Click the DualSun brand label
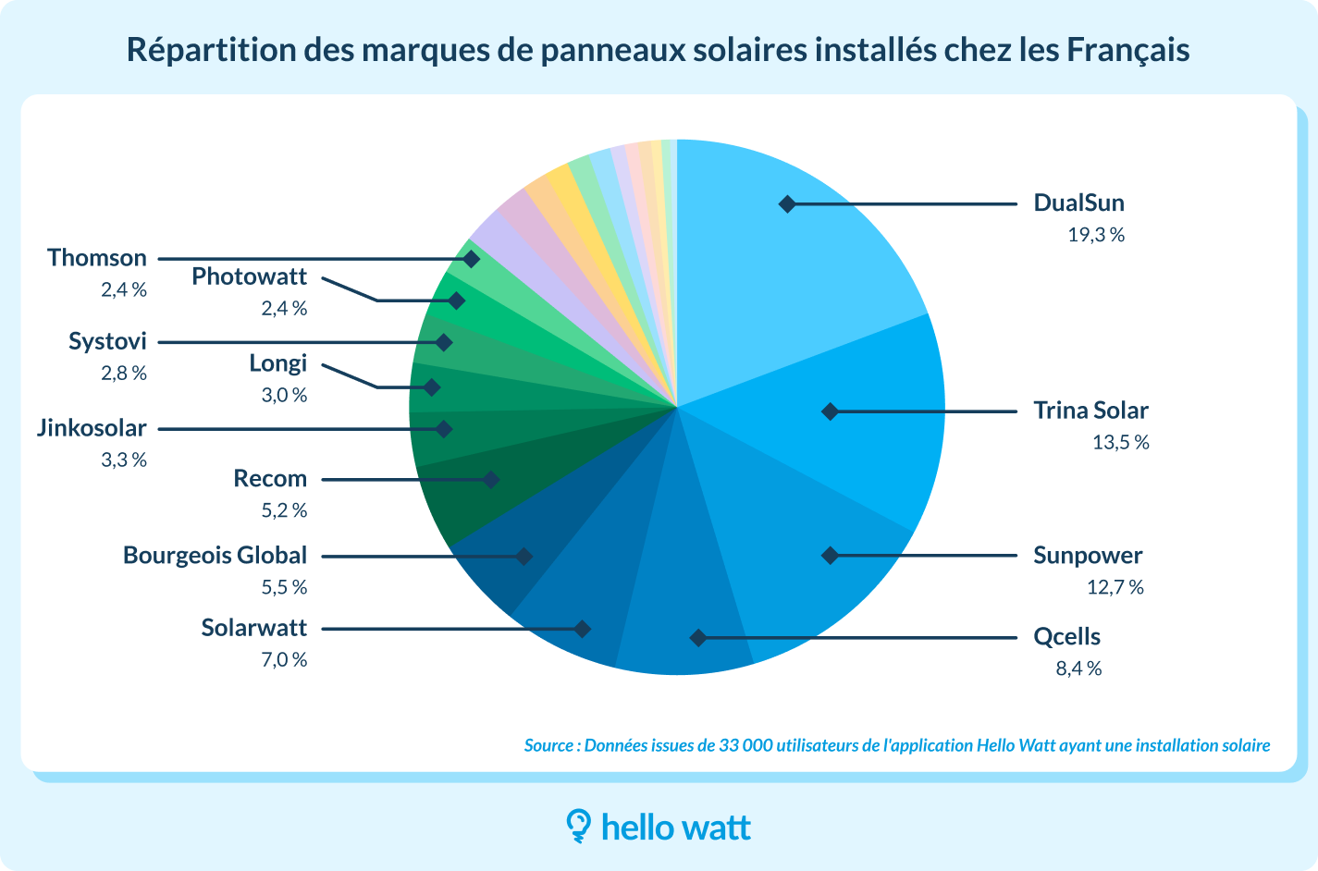point(1078,203)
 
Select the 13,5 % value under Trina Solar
point(1120,442)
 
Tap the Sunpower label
point(1088,556)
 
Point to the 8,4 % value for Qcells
point(1078,669)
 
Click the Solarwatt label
point(253,628)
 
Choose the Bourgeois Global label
point(215,556)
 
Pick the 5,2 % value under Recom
point(284,510)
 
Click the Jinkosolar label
point(92,428)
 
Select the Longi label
point(277,363)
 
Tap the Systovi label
point(107,341)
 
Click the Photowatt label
point(249,276)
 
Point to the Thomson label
point(97,258)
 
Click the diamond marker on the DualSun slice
point(787,203)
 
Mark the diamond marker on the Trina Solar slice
point(830,411)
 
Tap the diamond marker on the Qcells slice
point(698,638)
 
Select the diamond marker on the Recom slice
point(491,479)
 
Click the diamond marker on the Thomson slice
point(471,259)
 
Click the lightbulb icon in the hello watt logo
point(578,826)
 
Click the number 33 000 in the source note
point(745,745)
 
